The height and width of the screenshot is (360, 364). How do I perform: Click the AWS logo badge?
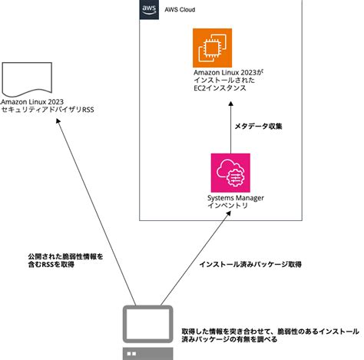click(150, 9)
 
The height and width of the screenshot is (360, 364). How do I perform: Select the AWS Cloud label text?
click(180, 10)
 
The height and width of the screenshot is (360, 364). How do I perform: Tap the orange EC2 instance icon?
click(212, 48)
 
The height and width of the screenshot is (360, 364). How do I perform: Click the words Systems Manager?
click(235, 198)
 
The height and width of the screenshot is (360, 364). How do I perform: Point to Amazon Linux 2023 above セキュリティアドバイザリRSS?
click(33, 101)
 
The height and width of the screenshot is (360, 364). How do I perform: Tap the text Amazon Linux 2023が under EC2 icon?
click(229, 73)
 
